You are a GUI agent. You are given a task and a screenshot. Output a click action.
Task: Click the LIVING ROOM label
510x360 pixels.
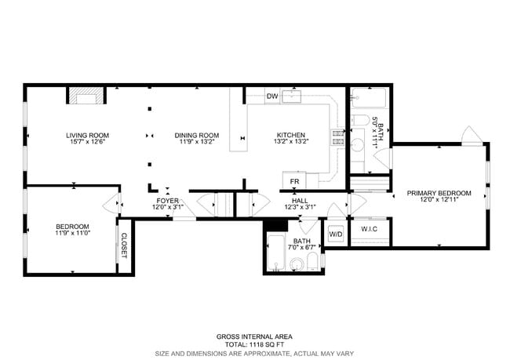[86, 135]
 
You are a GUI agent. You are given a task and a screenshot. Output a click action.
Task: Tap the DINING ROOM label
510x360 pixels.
[196, 135]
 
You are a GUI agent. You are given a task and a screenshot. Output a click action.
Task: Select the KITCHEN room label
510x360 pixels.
[290, 135]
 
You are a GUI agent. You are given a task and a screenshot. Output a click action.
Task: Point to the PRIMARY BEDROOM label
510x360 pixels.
[439, 193]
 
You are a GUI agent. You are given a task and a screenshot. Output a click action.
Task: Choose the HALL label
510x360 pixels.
[300, 201]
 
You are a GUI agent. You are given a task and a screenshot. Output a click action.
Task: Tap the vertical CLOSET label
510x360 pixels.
[124, 245]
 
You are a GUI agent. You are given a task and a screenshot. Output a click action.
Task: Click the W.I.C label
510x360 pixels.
[370, 229]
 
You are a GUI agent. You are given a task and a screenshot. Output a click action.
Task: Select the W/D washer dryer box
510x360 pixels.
[336, 234]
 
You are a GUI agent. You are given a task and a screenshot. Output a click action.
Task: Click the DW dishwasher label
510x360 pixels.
[272, 96]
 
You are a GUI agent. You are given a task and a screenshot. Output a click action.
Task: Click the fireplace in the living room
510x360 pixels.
[85, 96]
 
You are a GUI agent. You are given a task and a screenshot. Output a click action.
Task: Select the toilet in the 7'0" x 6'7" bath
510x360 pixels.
[311, 260]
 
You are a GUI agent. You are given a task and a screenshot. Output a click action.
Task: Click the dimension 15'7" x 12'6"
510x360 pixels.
[86, 143]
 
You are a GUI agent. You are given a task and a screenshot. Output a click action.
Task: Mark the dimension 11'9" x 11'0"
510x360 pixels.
[73, 233]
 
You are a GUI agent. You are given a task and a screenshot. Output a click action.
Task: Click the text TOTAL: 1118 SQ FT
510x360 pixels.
[255, 344]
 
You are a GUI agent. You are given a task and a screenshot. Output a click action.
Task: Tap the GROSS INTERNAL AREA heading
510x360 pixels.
[255, 336]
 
